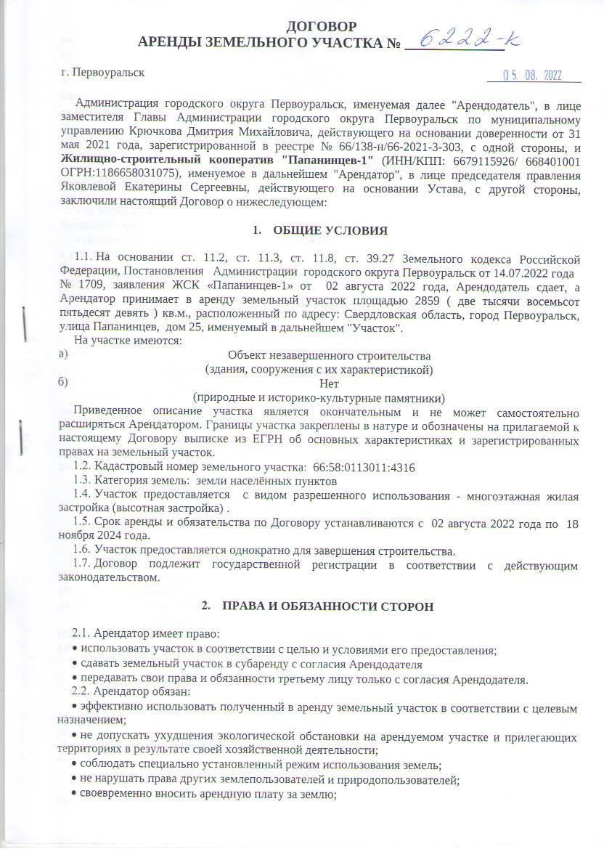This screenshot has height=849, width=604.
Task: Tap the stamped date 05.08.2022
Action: pos(534,76)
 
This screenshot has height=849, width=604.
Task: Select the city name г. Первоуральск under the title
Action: pos(103,73)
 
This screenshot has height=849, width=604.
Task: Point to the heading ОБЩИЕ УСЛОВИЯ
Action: pos(330,230)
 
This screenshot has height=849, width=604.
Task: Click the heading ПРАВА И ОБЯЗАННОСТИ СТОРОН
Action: pos(327,606)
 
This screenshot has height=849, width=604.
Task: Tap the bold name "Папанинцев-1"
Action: pos(327,158)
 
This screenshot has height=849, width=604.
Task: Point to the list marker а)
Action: pos(66,356)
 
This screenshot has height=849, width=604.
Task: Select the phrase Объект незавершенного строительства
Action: pos(330,356)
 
